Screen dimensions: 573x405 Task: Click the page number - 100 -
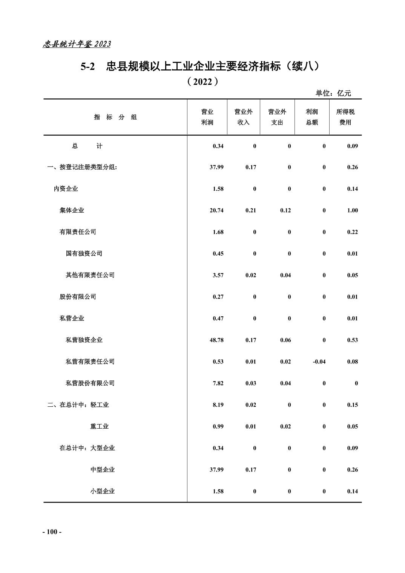52,532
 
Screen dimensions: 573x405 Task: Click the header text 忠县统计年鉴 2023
77,44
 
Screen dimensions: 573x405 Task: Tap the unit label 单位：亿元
333,93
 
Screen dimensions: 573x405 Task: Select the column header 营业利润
207,117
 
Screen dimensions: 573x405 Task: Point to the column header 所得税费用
345,117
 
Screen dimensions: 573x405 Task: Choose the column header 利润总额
311,117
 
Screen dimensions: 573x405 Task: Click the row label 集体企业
72,210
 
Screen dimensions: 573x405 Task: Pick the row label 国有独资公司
84,253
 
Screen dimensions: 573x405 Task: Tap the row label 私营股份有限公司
90,383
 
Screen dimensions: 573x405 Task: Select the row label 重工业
99,426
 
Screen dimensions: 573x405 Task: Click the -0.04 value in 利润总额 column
319,362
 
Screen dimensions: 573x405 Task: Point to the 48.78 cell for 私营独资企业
216,340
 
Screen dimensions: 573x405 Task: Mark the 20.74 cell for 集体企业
216,210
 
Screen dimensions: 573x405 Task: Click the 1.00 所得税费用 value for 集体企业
352,210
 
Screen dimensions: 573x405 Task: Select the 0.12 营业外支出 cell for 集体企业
285,210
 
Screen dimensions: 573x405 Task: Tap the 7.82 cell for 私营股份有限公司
218,383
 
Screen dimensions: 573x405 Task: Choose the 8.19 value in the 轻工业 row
218,405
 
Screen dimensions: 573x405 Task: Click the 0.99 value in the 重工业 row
218,426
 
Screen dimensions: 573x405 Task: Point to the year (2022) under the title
202,81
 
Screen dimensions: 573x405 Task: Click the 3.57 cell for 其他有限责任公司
218,275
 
